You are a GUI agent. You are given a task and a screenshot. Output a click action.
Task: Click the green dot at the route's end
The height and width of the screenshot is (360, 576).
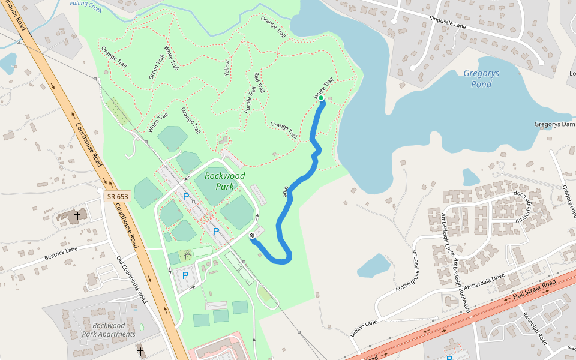click(321, 98)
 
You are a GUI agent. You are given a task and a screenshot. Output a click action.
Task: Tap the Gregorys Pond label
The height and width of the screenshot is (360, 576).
click(481, 79)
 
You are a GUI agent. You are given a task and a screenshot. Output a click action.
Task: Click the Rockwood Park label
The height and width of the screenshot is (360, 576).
click(224, 181)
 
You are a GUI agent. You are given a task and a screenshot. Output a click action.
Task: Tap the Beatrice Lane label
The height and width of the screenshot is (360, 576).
click(61, 253)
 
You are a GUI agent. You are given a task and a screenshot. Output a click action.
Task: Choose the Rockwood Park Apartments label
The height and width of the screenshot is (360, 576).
click(109, 329)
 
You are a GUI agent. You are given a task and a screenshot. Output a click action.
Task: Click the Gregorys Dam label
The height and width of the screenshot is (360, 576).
click(554, 124)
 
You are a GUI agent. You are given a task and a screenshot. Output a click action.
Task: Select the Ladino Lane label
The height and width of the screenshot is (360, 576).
click(364, 328)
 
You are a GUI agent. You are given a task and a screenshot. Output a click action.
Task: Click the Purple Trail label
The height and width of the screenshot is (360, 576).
click(251, 100)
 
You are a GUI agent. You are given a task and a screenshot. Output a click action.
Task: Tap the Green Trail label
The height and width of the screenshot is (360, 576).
click(157, 67)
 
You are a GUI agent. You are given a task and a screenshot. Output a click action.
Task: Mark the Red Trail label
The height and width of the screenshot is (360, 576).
click(259, 82)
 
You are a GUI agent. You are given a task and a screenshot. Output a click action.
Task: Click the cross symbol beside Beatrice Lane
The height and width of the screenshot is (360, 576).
click(77, 215)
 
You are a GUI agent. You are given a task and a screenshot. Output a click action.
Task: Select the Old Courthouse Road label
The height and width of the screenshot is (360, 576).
click(133, 279)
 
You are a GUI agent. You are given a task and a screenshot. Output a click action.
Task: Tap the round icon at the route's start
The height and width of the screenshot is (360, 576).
click(253, 235)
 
